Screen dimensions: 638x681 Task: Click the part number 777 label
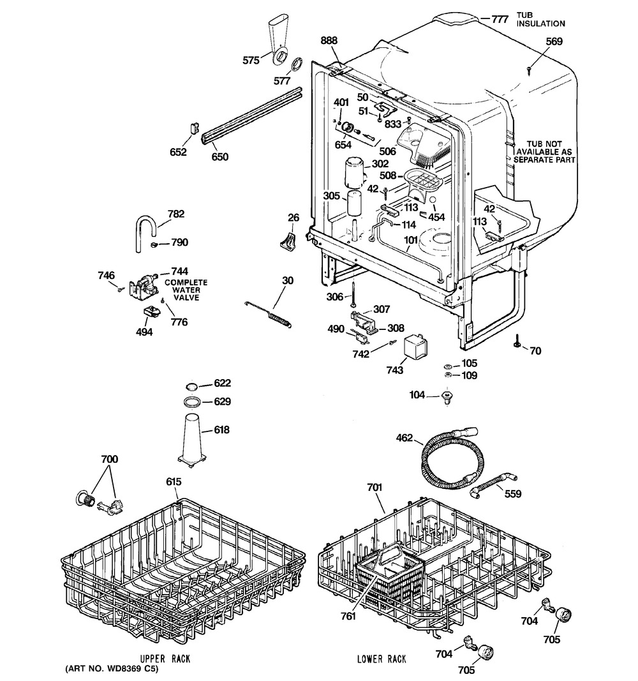[500, 19]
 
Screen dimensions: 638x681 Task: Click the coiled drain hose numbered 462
[450, 458]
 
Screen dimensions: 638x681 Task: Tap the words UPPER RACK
[165, 659]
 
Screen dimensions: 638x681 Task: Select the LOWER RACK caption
[382, 659]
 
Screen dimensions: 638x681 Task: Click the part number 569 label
[554, 41]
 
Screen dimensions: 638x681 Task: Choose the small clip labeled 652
[195, 128]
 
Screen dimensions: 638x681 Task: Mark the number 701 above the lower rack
[375, 488]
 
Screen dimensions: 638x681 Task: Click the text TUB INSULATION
[541, 20]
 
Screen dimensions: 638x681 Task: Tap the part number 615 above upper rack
[174, 482]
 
